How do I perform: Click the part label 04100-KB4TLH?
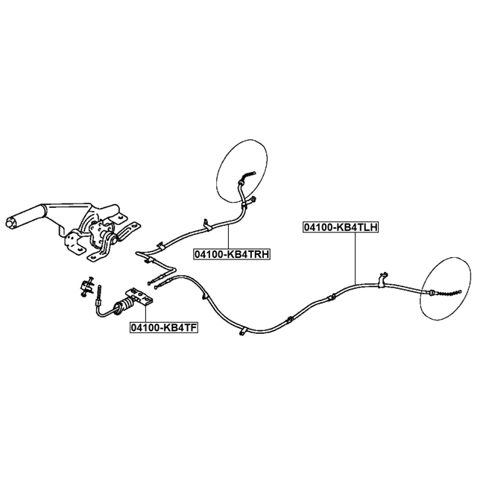coord(341,227)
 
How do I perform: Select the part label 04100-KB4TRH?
coord(232,253)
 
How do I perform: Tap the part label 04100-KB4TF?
coord(164,327)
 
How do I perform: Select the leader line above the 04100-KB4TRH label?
coord(228,236)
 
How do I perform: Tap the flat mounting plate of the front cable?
coord(140,297)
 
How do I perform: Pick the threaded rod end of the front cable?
coord(99,294)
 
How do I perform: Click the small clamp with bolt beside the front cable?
coord(87,286)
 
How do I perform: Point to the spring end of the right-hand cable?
coord(248,176)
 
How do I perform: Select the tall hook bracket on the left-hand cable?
coord(382,279)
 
